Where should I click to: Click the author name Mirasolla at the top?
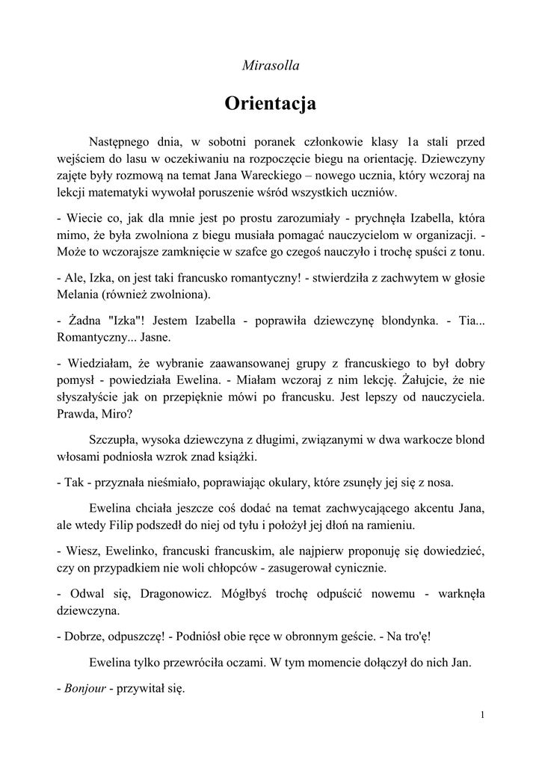[x=271, y=66]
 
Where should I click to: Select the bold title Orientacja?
[x=271, y=103]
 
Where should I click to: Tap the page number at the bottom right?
[x=483, y=716]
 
